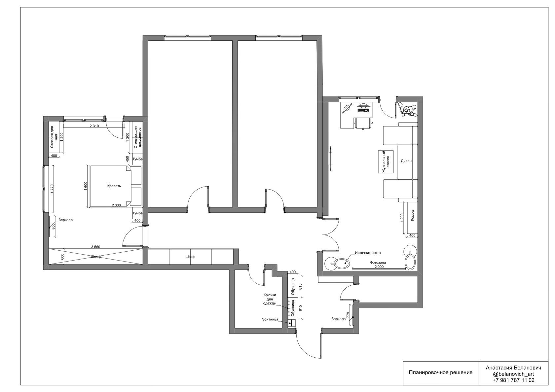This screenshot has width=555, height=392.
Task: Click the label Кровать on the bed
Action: point(114,186)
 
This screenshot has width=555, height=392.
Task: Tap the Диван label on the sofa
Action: point(406,161)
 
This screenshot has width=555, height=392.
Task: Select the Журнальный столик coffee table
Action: point(386,162)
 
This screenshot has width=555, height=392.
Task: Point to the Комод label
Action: point(412,215)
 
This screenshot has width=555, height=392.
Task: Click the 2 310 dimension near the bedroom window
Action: point(94,126)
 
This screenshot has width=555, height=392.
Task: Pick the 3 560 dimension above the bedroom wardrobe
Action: point(96,247)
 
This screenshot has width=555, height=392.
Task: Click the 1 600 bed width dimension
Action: point(86,186)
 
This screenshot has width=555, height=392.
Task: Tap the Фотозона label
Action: point(378,263)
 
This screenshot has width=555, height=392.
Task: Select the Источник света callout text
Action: point(368,253)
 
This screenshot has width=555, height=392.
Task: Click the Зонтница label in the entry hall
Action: point(270,319)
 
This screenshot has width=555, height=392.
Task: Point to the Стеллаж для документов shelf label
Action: point(137,138)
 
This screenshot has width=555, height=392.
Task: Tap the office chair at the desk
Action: point(363,123)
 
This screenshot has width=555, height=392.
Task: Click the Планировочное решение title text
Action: point(441,373)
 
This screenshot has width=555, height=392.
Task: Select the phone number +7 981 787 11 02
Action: point(513,380)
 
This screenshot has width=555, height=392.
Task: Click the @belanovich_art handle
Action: point(513,374)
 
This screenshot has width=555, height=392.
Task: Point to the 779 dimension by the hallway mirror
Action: point(348,315)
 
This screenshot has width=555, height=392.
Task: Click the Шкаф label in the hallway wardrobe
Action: point(190,257)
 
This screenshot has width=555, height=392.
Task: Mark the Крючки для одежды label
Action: point(270,299)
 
